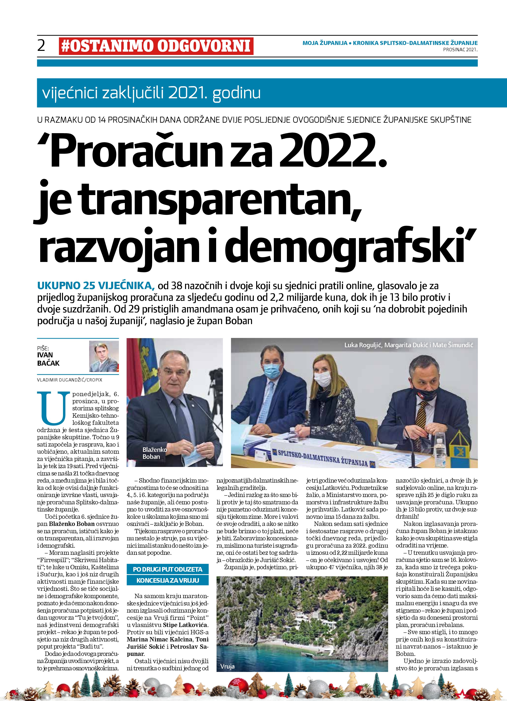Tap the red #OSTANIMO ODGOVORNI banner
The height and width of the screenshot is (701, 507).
pos(156,46)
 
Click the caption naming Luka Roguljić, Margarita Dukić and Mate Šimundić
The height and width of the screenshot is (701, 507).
pos(409,345)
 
